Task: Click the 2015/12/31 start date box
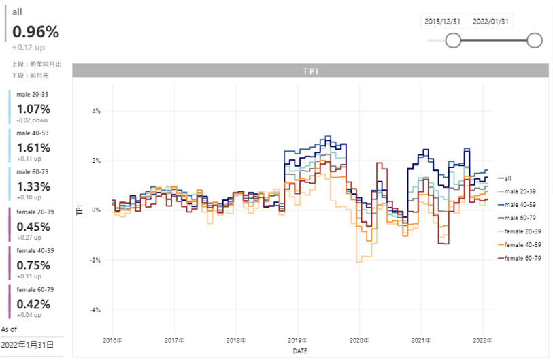pos(442,22)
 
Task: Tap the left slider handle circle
pos(453,41)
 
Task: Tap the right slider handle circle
pos(535,41)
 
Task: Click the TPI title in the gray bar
pos(310,71)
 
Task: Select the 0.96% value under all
pos(35,32)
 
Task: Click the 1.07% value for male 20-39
pos(33,109)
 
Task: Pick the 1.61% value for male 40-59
pos(33,148)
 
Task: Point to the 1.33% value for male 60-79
pos(33,187)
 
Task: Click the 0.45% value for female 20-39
pos(33,227)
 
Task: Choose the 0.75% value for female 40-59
pos(33,265)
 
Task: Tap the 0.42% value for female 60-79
pos(33,304)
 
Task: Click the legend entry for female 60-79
pos(522,258)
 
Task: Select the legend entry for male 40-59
pos(522,205)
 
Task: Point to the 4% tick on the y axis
pos(96,111)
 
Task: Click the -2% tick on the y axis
pos(95,260)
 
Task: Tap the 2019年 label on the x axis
pos(298,340)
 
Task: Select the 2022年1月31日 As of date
pos(27,345)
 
